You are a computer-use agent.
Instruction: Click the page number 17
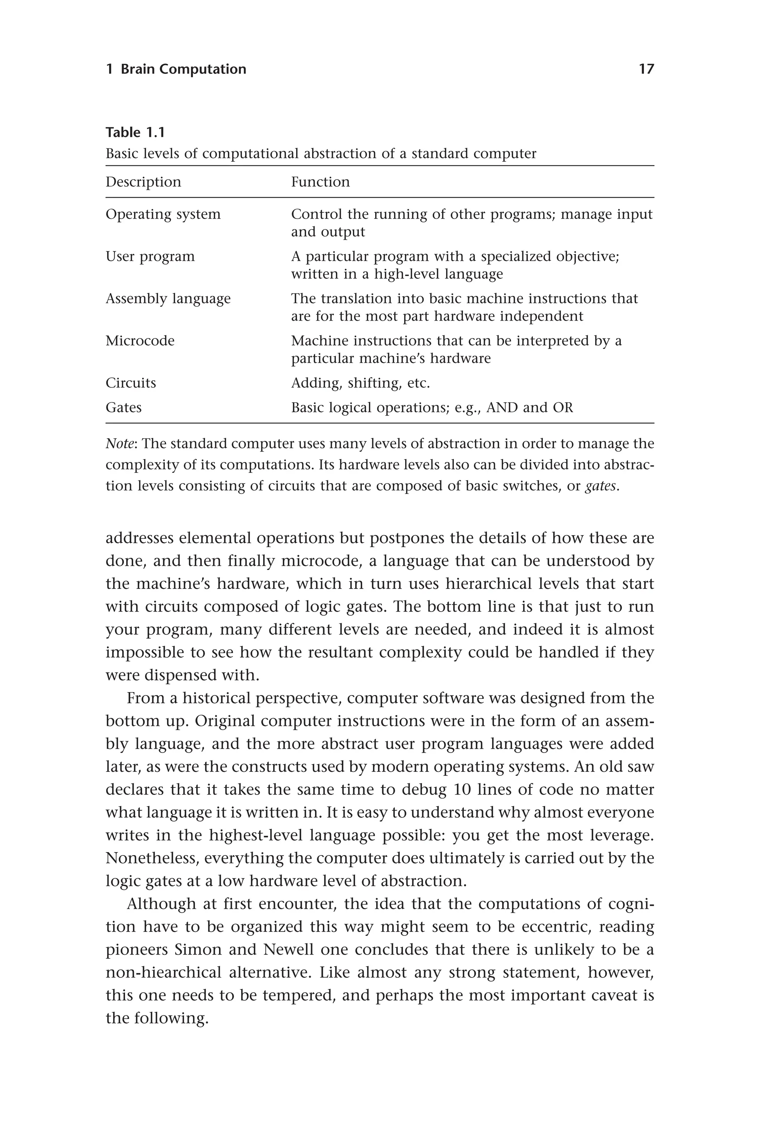646,69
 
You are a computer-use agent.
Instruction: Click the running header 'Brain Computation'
183,69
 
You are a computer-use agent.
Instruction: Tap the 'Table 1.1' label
135,132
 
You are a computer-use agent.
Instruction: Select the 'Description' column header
144,182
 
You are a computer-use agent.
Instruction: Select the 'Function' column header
320,182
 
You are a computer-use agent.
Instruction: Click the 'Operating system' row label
163,214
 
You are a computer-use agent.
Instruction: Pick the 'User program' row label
150,256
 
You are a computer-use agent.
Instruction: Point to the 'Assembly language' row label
168,299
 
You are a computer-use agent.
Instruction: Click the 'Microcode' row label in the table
140,341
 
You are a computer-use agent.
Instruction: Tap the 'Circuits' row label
131,383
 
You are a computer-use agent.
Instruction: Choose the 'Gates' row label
124,407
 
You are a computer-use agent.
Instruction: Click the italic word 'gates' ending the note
600,486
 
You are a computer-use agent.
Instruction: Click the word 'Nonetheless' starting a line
152,858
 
